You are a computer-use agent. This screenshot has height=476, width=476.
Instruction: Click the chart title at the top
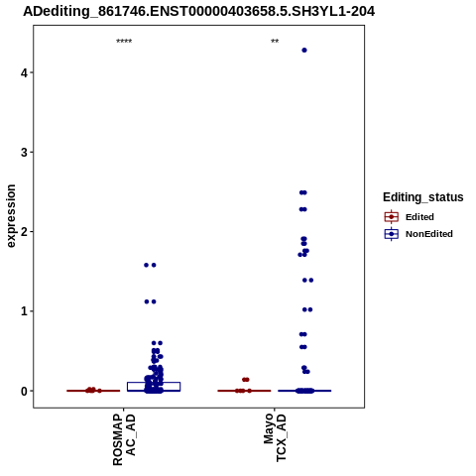tap(199, 12)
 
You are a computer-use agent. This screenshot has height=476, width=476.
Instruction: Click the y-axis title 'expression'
tap(11, 216)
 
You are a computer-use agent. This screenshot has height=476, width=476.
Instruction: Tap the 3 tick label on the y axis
tap(24, 153)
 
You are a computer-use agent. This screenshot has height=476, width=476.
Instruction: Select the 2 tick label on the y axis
tap(24, 232)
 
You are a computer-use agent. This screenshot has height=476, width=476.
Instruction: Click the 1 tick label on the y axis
tap(24, 311)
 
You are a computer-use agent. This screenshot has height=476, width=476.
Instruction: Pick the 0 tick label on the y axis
tap(24, 391)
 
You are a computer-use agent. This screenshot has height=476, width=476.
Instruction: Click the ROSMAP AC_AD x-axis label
tap(124, 440)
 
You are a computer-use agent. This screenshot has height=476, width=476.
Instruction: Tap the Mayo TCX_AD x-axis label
tap(275, 437)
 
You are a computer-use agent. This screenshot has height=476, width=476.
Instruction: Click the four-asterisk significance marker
tap(124, 42)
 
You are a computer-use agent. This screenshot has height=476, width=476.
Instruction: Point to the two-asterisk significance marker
tap(275, 42)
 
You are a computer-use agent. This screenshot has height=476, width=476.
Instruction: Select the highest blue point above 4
tap(304, 51)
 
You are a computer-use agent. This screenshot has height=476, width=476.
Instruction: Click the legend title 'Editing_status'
tap(423, 197)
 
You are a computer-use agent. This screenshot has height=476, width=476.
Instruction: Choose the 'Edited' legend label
tap(419, 217)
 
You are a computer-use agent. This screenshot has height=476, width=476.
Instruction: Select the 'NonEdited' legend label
tap(429, 234)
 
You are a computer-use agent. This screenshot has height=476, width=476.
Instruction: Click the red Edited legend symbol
tap(392, 217)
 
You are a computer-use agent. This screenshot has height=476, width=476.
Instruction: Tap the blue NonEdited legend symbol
tap(392, 234)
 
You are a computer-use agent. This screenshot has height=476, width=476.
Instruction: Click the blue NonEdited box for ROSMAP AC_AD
tap(154, 383)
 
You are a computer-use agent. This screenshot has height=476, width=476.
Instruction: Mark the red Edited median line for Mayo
tap(244, 391)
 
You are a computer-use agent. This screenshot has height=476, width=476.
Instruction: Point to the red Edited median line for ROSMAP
tap(93, 391)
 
